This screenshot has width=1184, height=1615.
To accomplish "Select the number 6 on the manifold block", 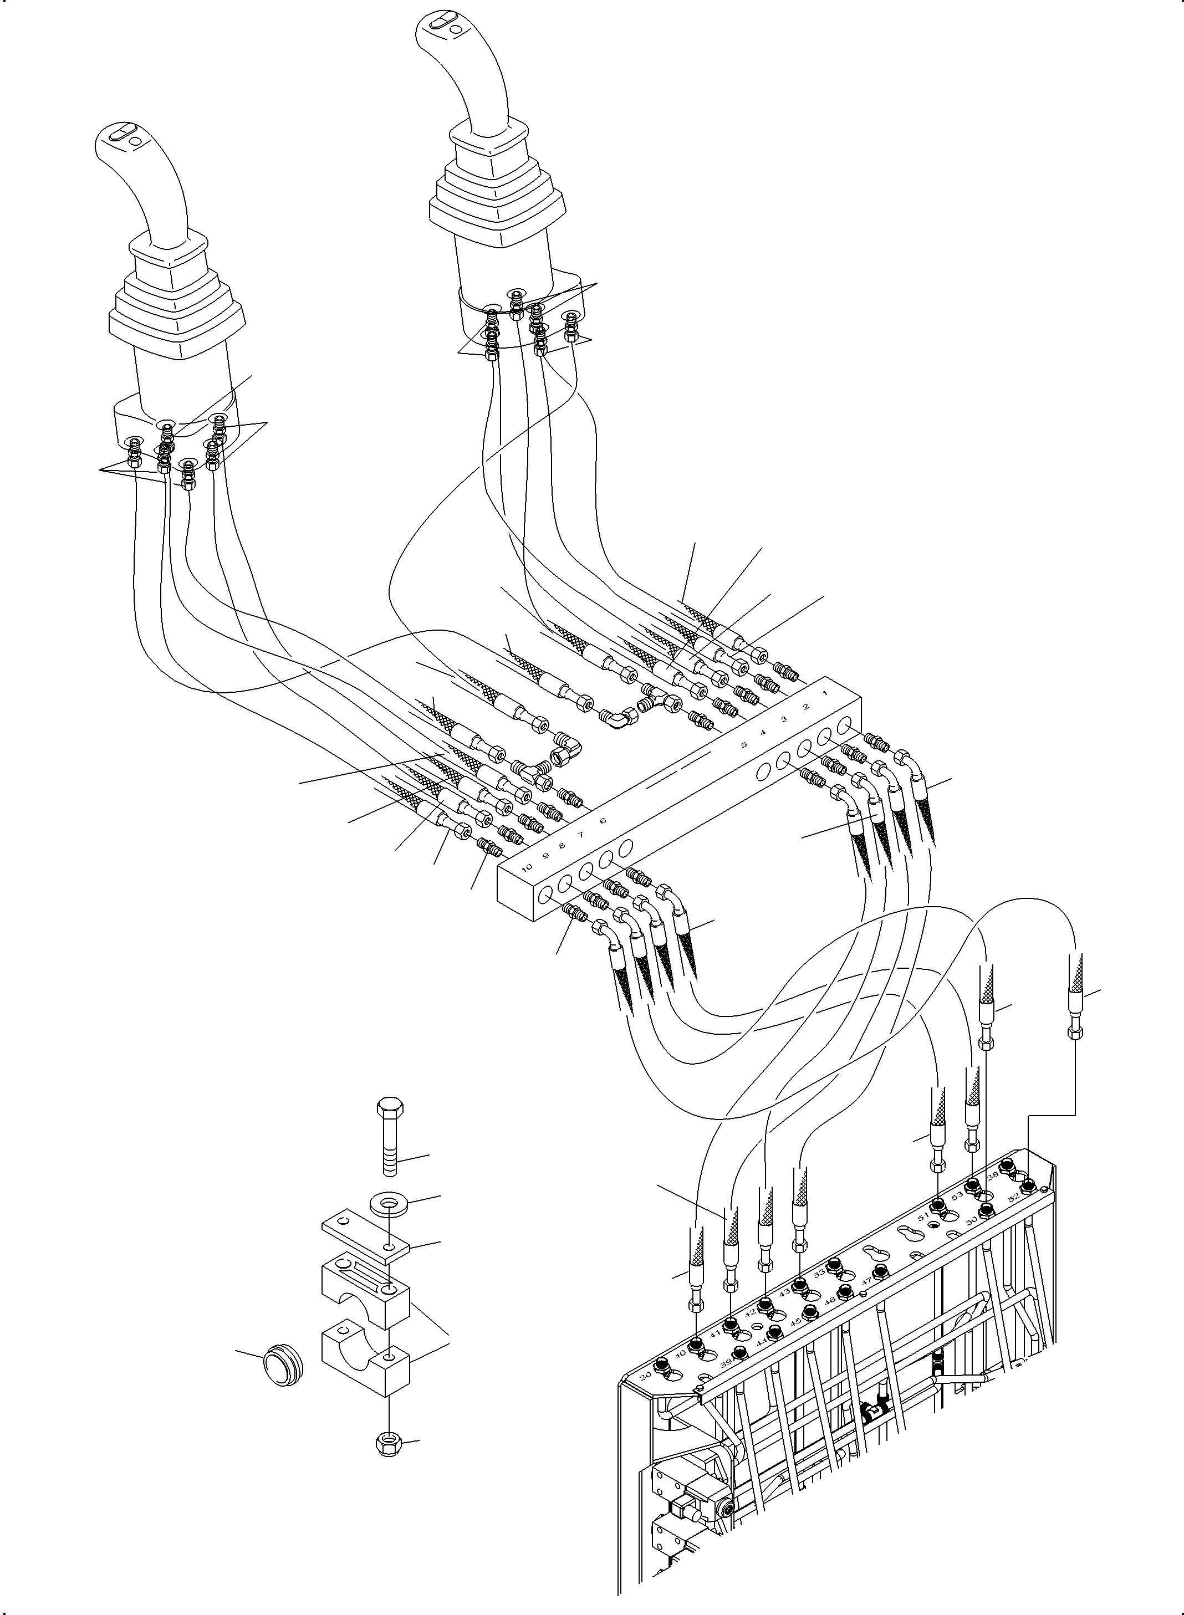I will [x=602, y=821].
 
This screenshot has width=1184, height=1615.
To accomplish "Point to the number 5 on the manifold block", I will [x=744, y=744].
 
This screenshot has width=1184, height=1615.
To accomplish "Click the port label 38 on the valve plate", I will [x=993, y=1177].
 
